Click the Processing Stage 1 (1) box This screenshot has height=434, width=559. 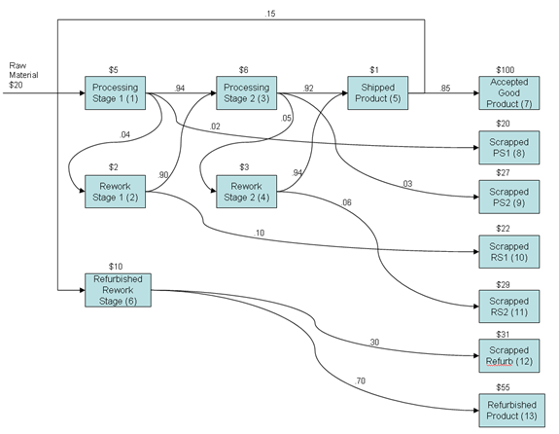coord(115,93)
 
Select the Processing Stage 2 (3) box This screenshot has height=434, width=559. coord(245,93)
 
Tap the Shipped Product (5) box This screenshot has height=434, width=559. coord(376,93)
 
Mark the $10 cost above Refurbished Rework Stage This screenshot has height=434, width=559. coord(118,267)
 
